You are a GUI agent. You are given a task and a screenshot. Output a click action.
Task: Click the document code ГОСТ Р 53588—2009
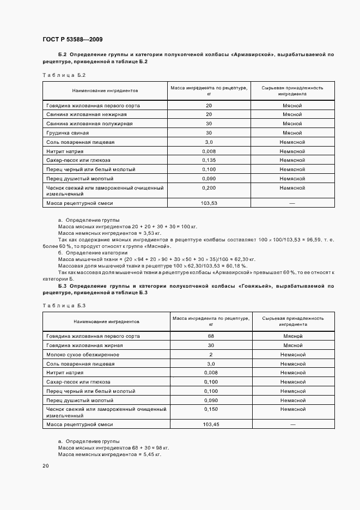[x=72, y=39]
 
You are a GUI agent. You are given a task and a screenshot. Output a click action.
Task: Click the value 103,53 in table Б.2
[x=209, y=203]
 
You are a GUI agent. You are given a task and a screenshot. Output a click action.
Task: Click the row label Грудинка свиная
[x=68, y=132]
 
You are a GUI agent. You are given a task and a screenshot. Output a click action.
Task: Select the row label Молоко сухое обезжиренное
[x=83, y=354]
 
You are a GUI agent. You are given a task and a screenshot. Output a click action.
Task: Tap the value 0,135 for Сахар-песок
[x=209, y=160]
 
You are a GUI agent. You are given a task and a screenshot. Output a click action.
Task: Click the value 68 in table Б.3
[x=211, y=336]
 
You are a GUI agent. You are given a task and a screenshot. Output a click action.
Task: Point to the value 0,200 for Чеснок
[x=209, y=187]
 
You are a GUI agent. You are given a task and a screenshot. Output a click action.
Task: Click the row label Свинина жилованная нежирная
[x=87, y=114]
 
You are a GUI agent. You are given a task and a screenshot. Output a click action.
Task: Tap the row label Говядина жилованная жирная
[x=84, y=345]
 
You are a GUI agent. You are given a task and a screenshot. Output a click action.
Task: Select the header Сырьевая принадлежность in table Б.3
[x=292, y=318]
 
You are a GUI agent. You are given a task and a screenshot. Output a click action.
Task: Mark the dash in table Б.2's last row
[x=292, y=203]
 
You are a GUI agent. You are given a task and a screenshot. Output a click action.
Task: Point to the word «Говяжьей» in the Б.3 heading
[x=256, y=286]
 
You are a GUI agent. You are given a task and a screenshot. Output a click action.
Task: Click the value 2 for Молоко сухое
[x=211, y=354]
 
